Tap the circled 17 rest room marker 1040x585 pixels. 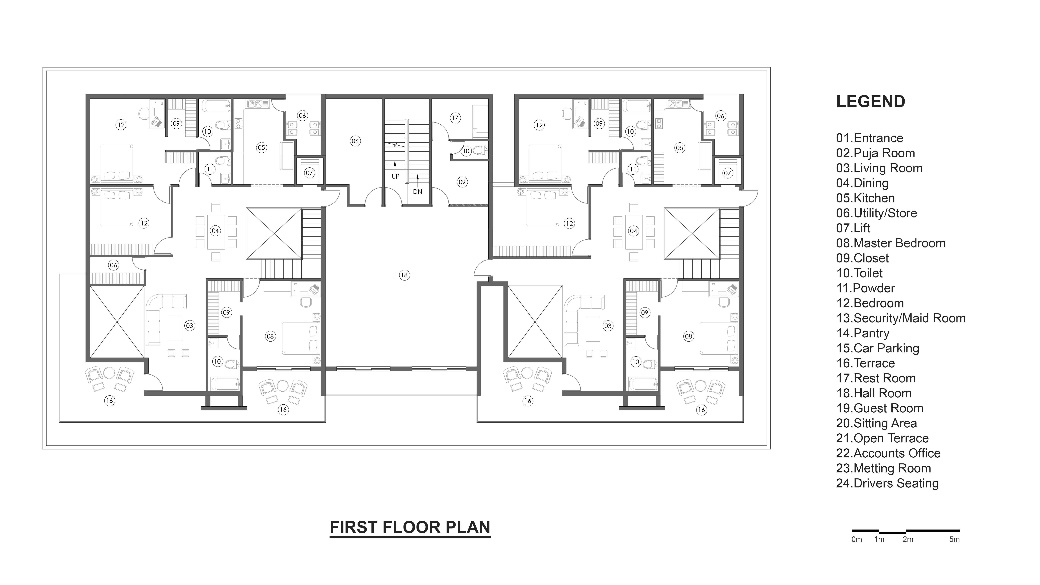coord(455,118)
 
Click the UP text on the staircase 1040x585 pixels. coord(395,176)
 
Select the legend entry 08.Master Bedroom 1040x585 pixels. coord(891,243)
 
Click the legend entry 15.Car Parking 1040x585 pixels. coord(878,348)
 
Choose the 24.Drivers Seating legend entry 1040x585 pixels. coord(887,483)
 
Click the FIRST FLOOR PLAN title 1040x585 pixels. coord(410,527)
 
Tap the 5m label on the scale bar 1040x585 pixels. coord(954,539)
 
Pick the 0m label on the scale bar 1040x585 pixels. coord(857,539)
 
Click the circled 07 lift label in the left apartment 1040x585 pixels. coord(309,173)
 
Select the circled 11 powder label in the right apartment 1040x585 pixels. coord(633,169)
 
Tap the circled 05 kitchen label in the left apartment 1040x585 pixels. coord(261,147)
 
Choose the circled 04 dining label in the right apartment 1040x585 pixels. coord(633,231)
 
